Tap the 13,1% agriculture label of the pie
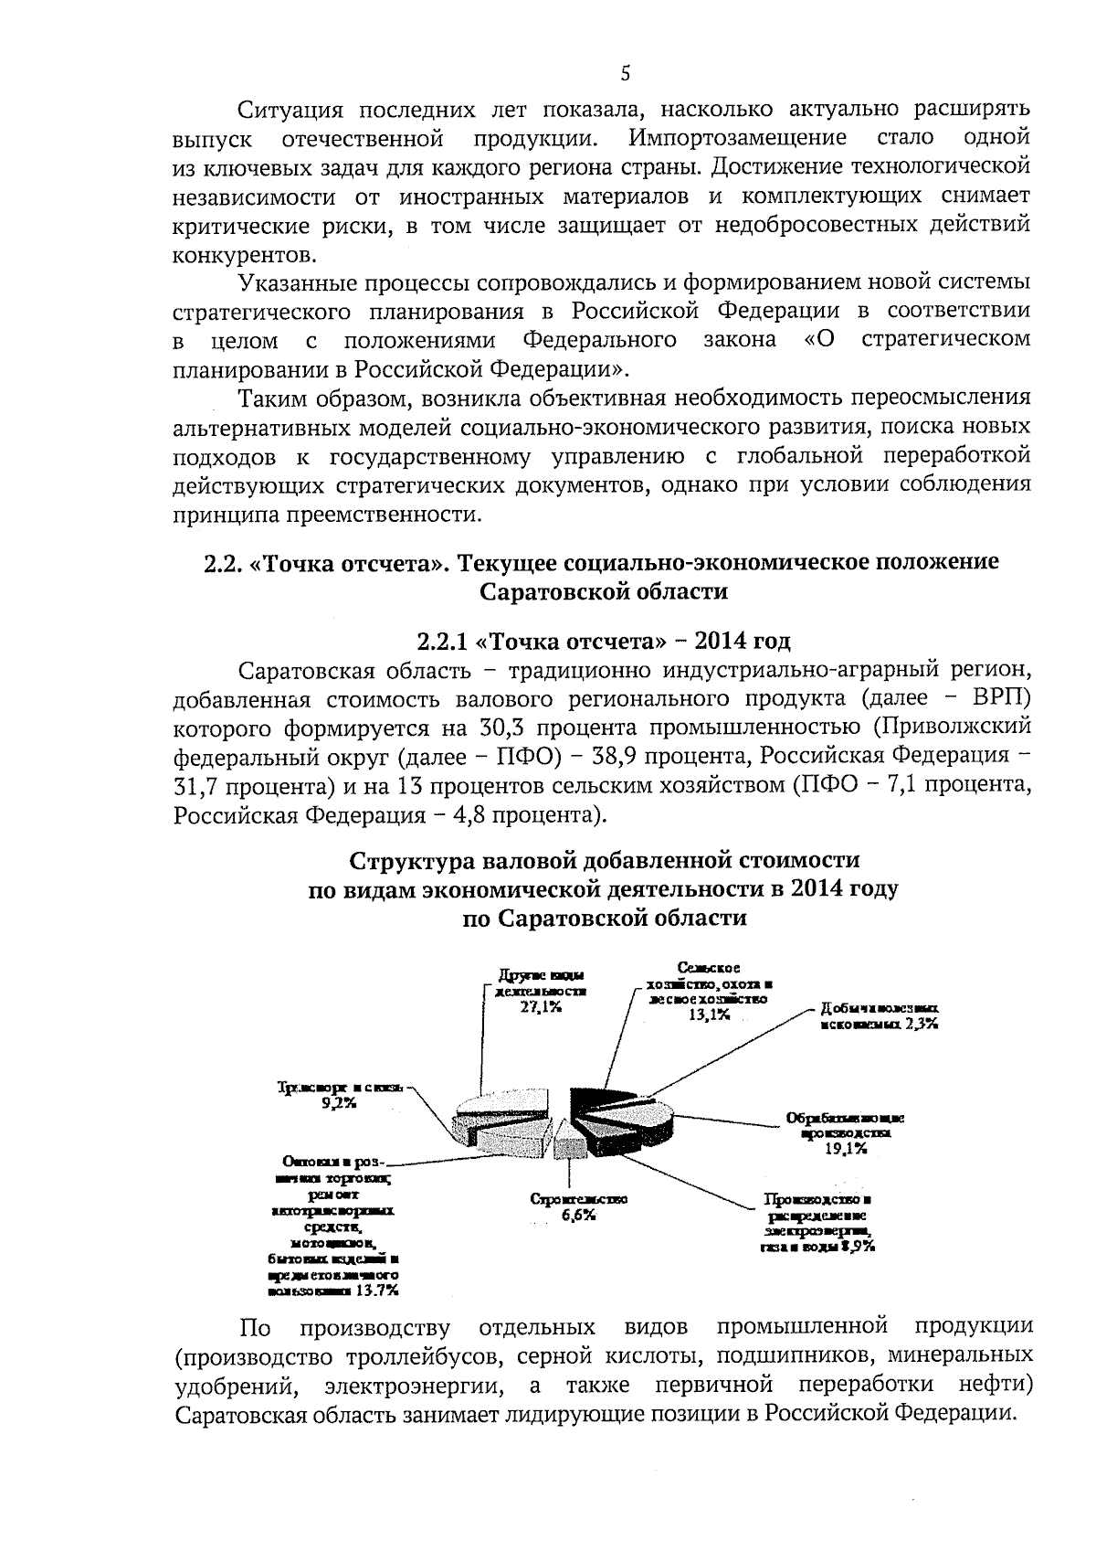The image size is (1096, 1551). [x=709, y=1015]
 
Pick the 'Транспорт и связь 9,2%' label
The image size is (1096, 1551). [x=340, y=1095]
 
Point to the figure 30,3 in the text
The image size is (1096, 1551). [x=499, y=728]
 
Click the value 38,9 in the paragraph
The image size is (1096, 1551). [x=659, y=757]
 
